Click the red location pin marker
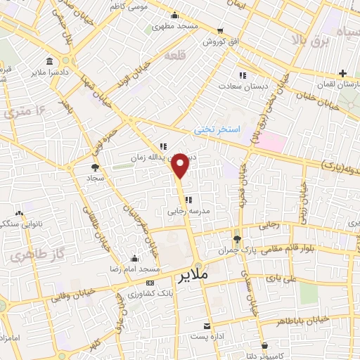tap(181, 165)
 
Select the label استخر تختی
tap(217, 130)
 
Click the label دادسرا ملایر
tap(50, 72)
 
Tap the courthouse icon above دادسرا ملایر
tap(48, 61)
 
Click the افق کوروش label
tap(219, 41)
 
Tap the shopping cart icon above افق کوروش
tap(220, 31)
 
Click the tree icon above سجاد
tap(95, 167)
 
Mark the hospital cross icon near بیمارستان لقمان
tap(342, 73)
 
